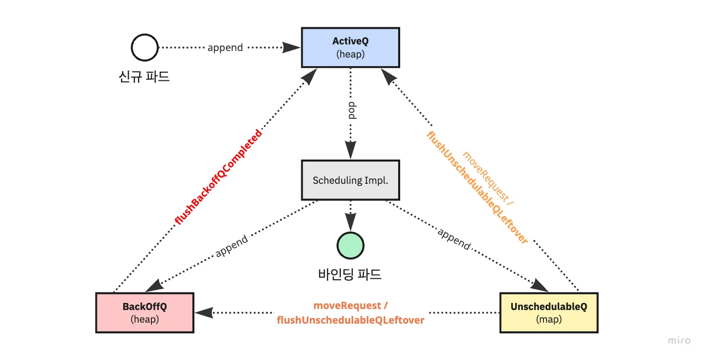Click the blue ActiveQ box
[x=350, y=47]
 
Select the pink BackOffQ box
[x=144, y=313]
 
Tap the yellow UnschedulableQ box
[x=549, y=313]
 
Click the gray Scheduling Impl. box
[x=350, y=180]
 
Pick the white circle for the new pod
[x=144, y=48]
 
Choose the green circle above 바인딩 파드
[x=350, y=245]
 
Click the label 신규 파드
[x=144, y=77]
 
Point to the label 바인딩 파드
[x=350, y=274]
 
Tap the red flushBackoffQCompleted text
[x=218, y=177]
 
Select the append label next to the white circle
[x=225, y=48]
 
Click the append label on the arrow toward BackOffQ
[x=232, y=246]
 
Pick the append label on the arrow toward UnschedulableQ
[x=454, y=239]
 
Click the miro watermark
[x=679, y=341]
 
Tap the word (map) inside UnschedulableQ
[x=549, y=320]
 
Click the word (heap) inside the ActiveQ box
[x=350, y=54]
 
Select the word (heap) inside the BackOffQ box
[x=144, y=320]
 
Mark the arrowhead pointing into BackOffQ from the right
[x=203, y=313]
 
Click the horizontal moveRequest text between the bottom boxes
[x=351, y=306]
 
